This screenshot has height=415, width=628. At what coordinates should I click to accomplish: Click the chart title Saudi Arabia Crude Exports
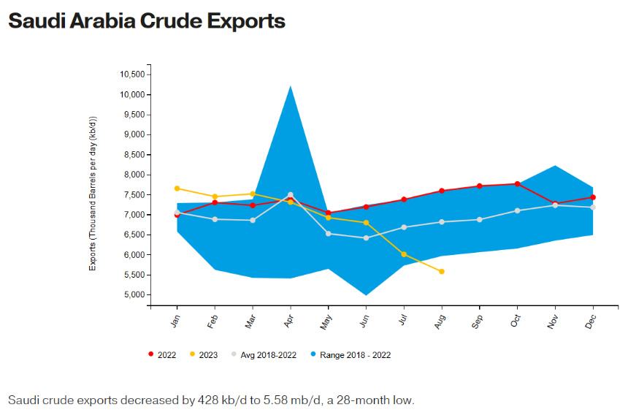tap(146, 21)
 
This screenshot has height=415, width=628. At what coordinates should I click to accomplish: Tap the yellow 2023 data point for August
tap(442, 272)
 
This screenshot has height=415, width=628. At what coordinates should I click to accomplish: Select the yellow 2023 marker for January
tap(177, 189)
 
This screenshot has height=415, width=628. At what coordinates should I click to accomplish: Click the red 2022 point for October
tap(517, 184)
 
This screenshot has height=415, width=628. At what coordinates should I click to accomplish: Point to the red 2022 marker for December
tap(593, 197)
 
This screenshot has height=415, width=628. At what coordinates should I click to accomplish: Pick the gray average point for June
tap(366, 238)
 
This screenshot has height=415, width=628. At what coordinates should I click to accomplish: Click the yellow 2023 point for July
tap(404, 254)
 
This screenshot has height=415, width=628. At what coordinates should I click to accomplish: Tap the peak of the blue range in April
tap(291, 86)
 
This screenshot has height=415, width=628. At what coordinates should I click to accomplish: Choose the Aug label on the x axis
tap(440, 321)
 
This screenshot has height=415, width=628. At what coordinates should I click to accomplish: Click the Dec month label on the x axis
tap(591, 321)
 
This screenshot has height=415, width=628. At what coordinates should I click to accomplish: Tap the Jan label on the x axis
tap(175, 321)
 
